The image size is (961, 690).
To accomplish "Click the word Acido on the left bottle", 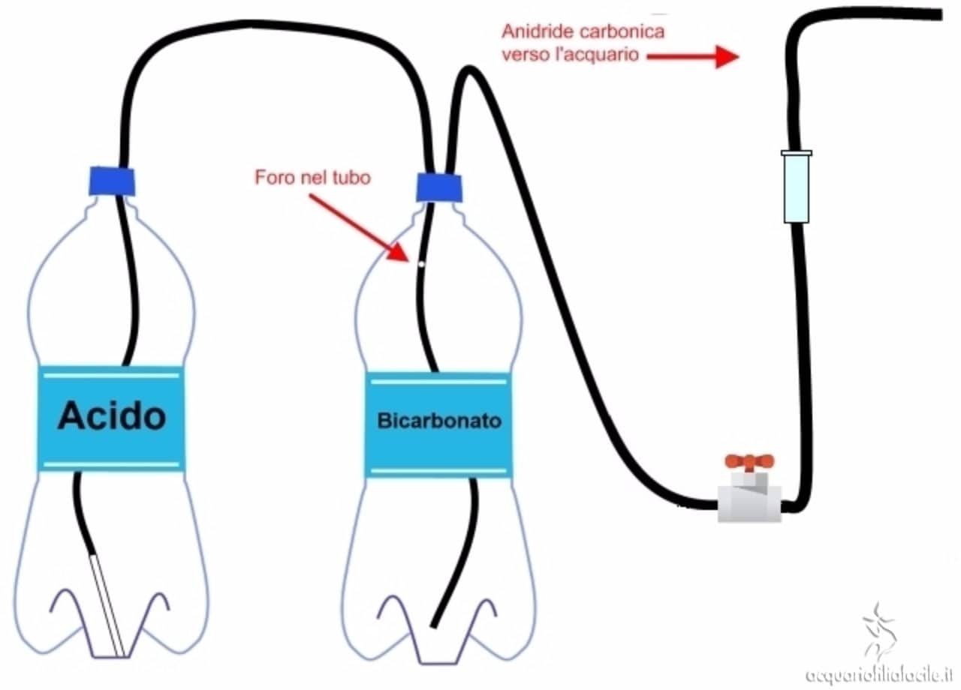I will click(x=111, y=415).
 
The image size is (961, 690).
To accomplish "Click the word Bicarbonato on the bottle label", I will click(x=439, y=421).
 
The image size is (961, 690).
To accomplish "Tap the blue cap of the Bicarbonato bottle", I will click(x=439, y=187).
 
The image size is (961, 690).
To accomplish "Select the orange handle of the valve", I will click(x=749, y=461).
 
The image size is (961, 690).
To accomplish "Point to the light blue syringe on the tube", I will click(x=797, y=186).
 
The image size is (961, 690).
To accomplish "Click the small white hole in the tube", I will click(x=421, y=263).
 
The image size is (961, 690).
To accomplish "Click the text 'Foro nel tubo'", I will click(x=312, y=178).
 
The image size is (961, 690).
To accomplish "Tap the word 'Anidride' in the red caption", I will click(x=533, y=32).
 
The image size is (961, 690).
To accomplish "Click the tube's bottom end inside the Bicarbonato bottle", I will click(x=435, y=622).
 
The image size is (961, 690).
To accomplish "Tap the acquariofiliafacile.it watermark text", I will click(x=879, y=674).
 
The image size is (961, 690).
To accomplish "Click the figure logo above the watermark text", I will click(x=879, y=630).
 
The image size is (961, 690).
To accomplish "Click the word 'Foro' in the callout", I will click(x=272, y=178).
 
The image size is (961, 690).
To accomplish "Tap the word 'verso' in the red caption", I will click(x=523, y=54).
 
